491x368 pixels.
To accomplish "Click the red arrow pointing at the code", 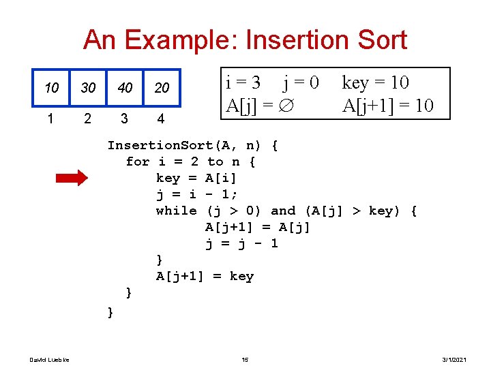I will (71, 179).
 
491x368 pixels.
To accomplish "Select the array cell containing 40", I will (123, 89).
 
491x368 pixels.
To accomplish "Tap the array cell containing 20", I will (162, 89).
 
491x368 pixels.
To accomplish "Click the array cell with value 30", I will (88, 89).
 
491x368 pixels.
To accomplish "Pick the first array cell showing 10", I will (51, 89).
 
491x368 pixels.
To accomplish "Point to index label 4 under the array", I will (160, 119).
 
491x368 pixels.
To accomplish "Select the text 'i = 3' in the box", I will (243, 83).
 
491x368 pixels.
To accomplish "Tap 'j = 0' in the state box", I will (301, 83).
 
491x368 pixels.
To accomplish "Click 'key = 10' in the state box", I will (375, 83).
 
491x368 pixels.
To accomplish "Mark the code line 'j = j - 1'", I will (241, 243).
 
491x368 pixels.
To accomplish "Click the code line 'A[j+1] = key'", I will (205, 276).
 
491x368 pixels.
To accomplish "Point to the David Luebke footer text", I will (44, 359).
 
